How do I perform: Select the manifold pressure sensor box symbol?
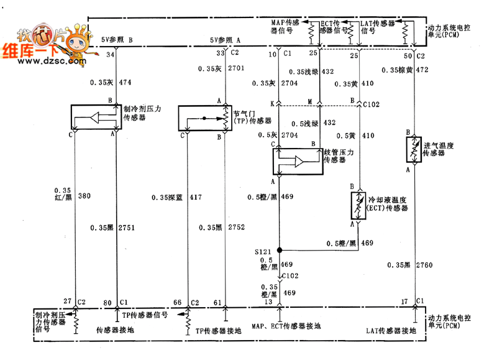pos(296,161)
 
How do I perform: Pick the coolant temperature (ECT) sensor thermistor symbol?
pos(357,205)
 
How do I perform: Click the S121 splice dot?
pos(280,250)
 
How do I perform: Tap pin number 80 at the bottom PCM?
pos(107,302)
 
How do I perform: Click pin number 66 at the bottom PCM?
pos(177,302)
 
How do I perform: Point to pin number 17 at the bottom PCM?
pos(404,302)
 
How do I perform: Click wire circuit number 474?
pos(125,82)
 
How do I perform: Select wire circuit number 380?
pos(85,196)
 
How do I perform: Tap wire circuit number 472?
pos(422,70)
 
